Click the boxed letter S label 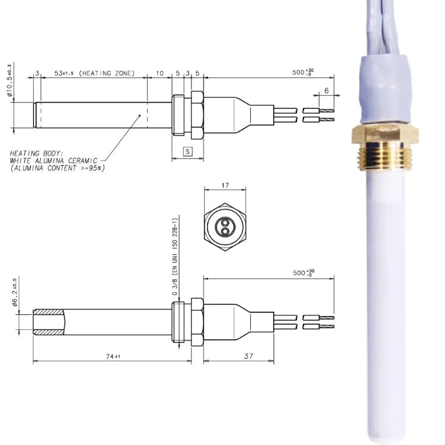tap(187, 151)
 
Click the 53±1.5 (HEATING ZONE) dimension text tap(94, 73)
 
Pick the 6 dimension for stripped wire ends tap(327, 90)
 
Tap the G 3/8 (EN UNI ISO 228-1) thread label tap(174, 261)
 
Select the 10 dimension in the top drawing tap(160, 73)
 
